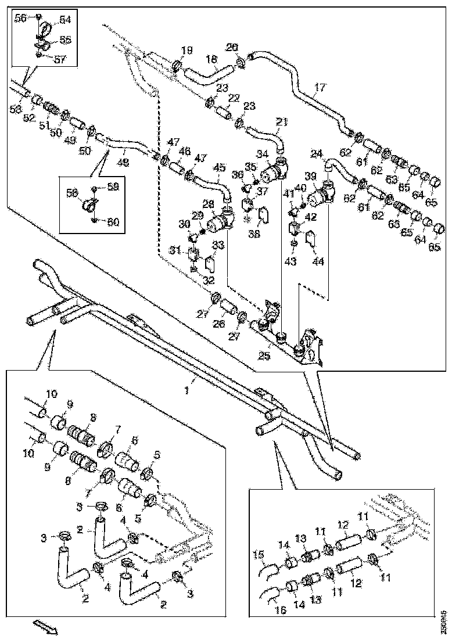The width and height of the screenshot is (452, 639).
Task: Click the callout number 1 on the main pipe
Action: [187, 391]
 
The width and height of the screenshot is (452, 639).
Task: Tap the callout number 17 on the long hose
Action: [318, 88]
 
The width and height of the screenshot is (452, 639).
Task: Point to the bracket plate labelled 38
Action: [262, 216]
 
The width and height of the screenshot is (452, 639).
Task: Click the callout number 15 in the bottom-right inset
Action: [259, 554]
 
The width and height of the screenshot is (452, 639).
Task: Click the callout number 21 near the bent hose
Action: [282, 122]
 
